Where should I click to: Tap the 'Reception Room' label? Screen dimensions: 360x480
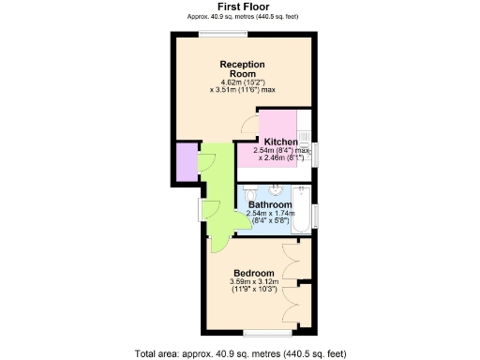tap(242, 69)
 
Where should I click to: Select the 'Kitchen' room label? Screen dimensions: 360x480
tap(280, 142)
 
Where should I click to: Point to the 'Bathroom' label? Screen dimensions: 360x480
tap(270, 204)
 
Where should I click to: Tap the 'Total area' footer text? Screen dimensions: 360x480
tap(240, 353)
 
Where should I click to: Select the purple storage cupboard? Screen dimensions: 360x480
tap(184, 162)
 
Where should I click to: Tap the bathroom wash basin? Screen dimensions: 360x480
tap(276, 187)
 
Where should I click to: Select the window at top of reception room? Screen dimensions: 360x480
tap(223, 35)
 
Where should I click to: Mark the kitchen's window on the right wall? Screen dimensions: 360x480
tap(315, 154)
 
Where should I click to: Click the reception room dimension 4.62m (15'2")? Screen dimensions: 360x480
tap(242, 82)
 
